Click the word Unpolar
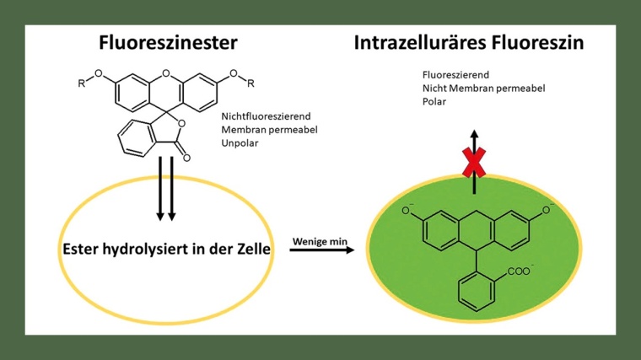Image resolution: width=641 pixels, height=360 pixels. tap(239, 144)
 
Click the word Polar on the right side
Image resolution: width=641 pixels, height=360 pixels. tap(434, 101)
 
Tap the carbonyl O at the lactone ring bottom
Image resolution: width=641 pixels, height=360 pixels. tap(186, 157)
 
